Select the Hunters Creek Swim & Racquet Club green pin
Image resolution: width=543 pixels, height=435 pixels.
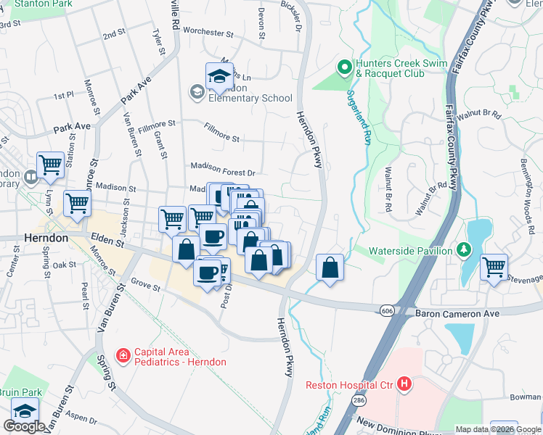point(345,68)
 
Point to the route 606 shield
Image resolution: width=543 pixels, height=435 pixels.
point(386,310)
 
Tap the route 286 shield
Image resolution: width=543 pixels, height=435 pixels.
point(360,399)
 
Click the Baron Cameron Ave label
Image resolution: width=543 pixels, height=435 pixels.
point(457,314)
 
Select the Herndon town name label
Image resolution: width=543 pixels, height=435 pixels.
point(46,238)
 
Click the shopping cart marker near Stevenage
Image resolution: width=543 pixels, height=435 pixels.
point(494,266)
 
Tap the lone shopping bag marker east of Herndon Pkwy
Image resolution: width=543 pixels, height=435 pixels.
point(330,267)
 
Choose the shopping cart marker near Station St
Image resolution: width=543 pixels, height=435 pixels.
point(50,164)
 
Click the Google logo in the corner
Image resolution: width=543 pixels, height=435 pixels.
point(24,426)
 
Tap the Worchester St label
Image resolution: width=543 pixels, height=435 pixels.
point(208,33)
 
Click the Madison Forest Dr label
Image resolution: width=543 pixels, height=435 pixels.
point(223,173)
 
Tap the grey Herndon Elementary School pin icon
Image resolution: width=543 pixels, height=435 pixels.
point(195,91)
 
